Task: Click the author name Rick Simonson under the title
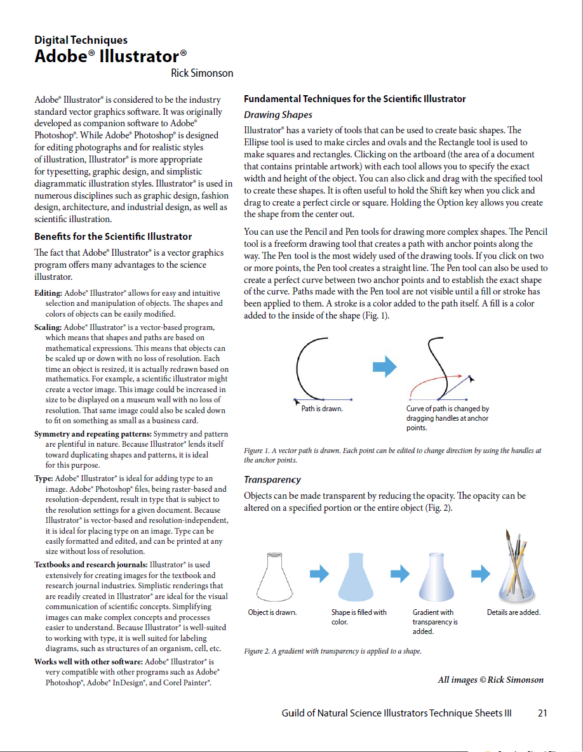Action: (x=202, y=73)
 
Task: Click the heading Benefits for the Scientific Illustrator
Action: (x=113, y=237)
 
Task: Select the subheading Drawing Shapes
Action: (x=278, y=115)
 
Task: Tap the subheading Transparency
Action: (x=272, y=480)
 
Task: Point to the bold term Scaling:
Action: (x=48, y=327)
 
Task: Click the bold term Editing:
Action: (x=48, y=293)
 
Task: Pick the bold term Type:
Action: (x=44, y=478)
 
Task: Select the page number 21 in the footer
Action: (x=542, y=713)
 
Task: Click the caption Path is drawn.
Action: (x=322, y=409)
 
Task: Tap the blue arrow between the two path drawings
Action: (x=384, y=366)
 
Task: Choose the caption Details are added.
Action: (x=514, y=612)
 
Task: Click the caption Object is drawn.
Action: (x=272, y=612)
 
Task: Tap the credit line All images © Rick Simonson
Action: (x=490, y=680)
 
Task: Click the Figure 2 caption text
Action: (x=333, y=651)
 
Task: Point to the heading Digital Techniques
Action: (x=81, y=40)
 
